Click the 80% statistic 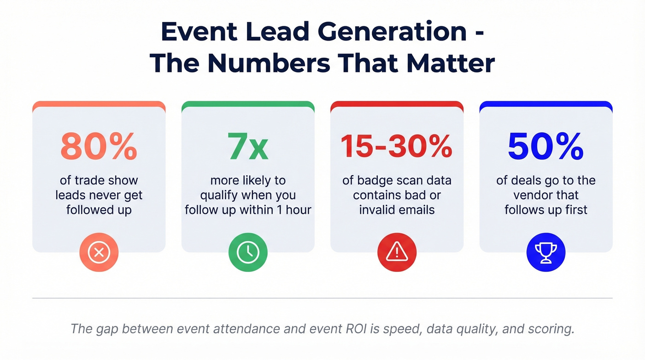(99, 147)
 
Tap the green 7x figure (248, 147)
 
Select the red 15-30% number (397, 147)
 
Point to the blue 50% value (546, 147)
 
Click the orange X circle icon (99, 252)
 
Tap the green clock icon (248, 252)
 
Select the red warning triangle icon (397, 252)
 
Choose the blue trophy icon (546, 252)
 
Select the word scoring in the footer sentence (548, 330)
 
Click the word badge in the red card (372, 180)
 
